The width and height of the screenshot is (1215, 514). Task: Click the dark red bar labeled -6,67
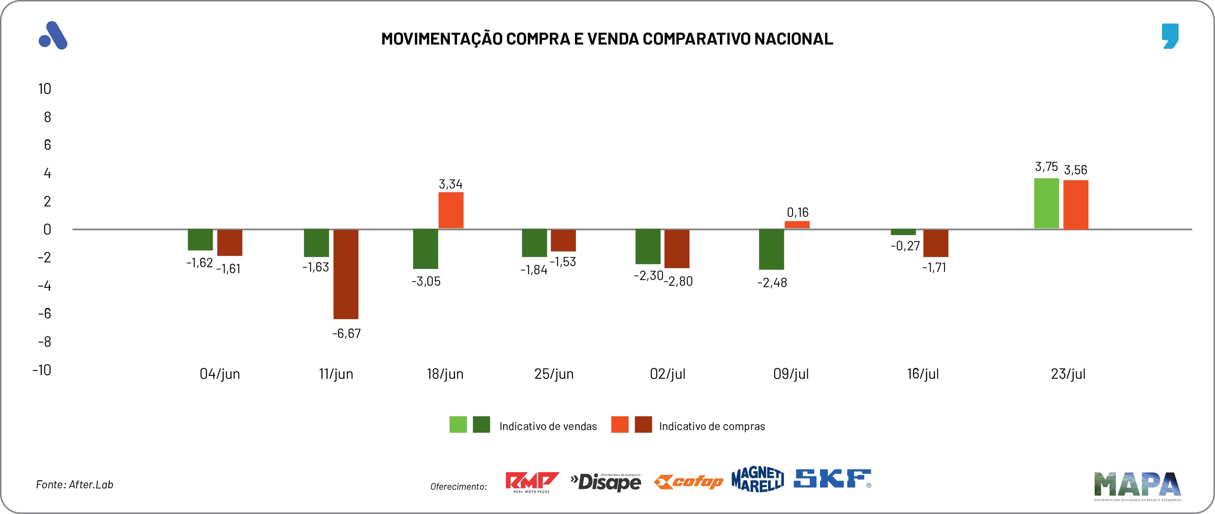[x=346, y=274]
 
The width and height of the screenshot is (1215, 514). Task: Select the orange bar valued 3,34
[x=451, y=210]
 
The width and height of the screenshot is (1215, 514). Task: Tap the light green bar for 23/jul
[x=1046, y=203]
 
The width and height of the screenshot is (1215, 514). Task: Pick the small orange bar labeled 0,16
[x=797, y=225]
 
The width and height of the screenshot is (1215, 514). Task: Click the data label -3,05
[x=426, y=282]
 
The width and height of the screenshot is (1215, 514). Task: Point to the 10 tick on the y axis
[x=45, y=89]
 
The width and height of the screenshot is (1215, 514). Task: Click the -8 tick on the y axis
[x=44, y=342]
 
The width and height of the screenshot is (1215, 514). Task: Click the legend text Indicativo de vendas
[x=548, y=427]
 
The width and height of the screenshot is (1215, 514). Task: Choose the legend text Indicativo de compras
[x=712, y=427]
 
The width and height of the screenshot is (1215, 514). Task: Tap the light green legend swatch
[x=458, y=424]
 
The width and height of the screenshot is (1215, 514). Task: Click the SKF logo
[x=832, y=479]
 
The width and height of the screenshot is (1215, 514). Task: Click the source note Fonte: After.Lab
[x=74, y=485]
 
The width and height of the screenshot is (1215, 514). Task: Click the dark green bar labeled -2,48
[x=771, y=249]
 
